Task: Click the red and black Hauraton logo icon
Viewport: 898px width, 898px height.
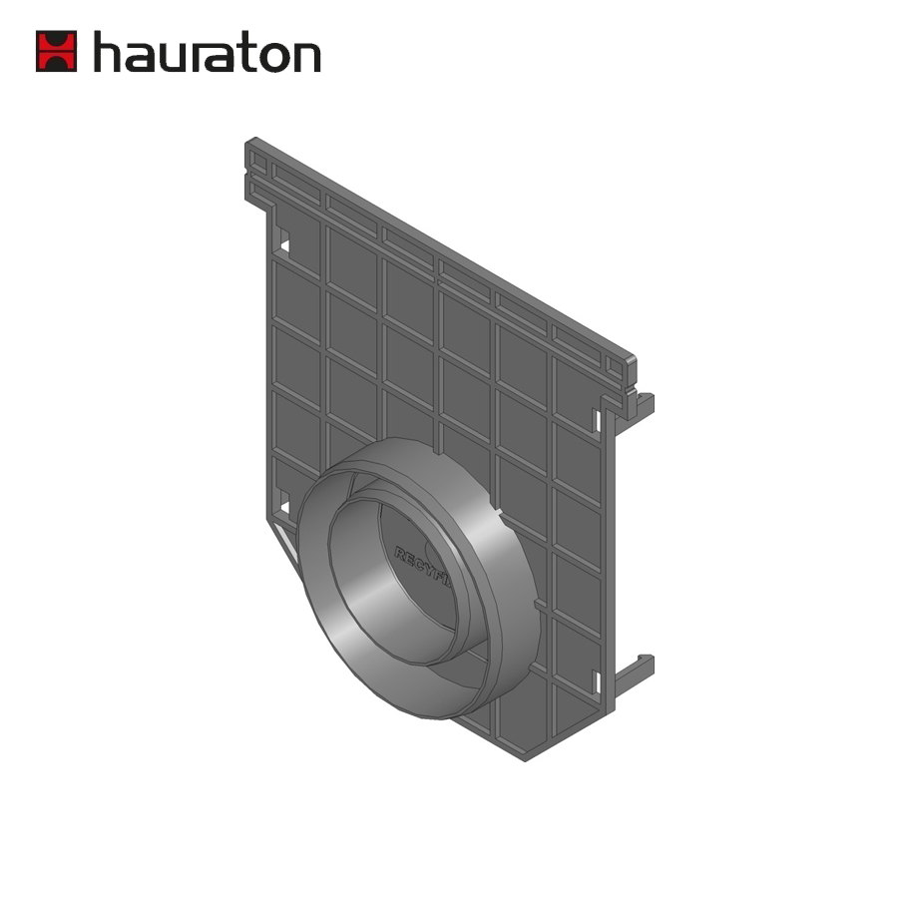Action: point(56,51)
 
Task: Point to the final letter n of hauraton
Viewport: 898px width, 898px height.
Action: point(307,57)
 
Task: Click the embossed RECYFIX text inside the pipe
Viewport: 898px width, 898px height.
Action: point(419,564)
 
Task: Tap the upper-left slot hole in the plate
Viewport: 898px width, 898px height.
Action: point(283,240)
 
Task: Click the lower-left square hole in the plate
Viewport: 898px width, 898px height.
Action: point(283,508)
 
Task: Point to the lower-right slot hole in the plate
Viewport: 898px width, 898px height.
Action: point(597,682)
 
